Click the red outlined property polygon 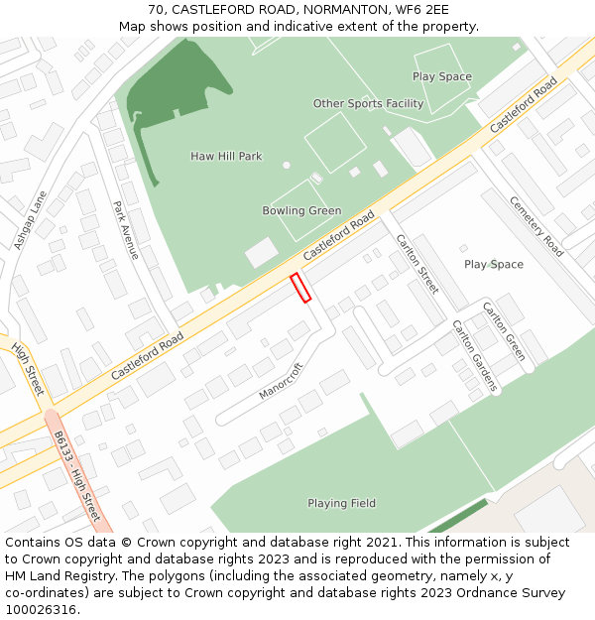click(x=300, y=287)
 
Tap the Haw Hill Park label click(x=226, y=156)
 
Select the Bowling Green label click(x=301, y=210)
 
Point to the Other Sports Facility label click(x=368, y=103)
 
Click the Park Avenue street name click(x=126, y=230)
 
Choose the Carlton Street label click(x=416, y=264)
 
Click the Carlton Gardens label click(x=473, y=355)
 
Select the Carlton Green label click(x=503, y=331)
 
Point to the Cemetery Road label click(x=536, y=226)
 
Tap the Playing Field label click(x=341, y=503)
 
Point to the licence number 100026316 click(x=41, y=609)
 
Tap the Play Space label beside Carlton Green click(x=494, y=264)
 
